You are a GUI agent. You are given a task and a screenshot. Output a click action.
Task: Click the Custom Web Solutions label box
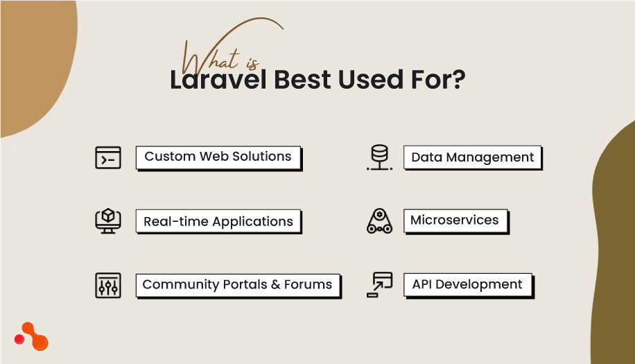(x=218, y=157)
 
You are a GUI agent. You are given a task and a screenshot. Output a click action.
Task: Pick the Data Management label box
(x=472, y=157)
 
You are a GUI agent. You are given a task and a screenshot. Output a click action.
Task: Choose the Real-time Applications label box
(x=218, y=222)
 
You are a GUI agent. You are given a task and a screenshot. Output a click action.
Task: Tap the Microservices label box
(x=455, y=220)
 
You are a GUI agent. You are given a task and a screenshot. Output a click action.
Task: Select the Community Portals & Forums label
(x=237, y=284)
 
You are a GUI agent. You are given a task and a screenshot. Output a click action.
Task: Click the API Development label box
(x=467, y=284)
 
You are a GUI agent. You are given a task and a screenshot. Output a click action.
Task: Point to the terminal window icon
(x=107, y=157)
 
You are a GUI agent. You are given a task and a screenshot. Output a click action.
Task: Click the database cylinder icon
(x=379, y=157)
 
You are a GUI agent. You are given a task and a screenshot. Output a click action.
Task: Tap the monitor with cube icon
(x=107, y=220)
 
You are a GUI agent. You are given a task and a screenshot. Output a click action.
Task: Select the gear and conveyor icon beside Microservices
(x=379, y=220)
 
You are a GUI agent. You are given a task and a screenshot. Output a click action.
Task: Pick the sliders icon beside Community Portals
(x=107, y=285)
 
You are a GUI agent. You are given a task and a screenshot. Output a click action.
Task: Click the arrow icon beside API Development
(x=379, y=284)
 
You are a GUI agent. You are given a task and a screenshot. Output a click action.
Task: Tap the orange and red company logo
(x=31, y=337)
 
